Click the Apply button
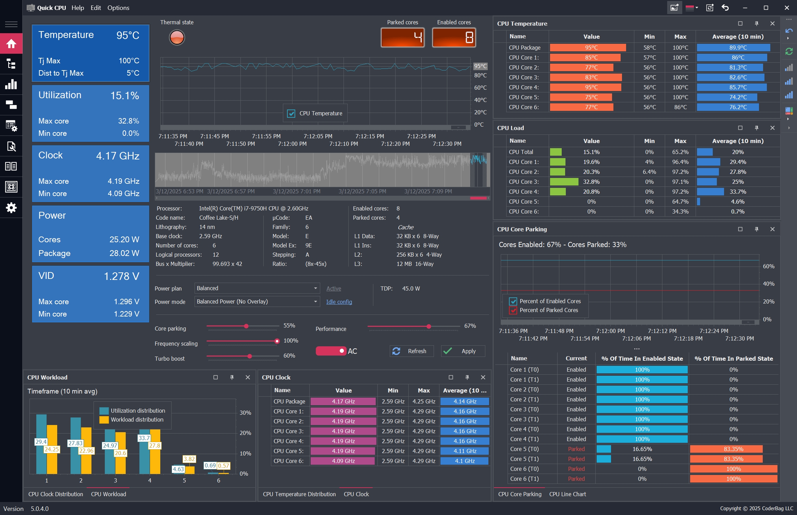click(463, 351)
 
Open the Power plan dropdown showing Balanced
click(257, 288)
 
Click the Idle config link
click(339, 302)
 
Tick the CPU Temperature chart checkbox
click(291, 113)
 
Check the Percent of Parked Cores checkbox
click(513, 310)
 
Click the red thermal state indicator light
click(177, 37)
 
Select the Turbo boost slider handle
click(250, 356)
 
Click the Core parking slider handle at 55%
click(246, 326)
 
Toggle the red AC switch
click(331, 351)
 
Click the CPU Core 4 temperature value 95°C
click(591, 87)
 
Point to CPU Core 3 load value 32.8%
click(591, 182)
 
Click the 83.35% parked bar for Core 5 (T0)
click(726, 449)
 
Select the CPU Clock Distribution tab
click(55, 494)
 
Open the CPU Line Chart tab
click(568, 494)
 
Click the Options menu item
click(118, 8)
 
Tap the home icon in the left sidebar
click(11, 43)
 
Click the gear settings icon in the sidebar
click(11, 207)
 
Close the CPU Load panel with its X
click(772, 128)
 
